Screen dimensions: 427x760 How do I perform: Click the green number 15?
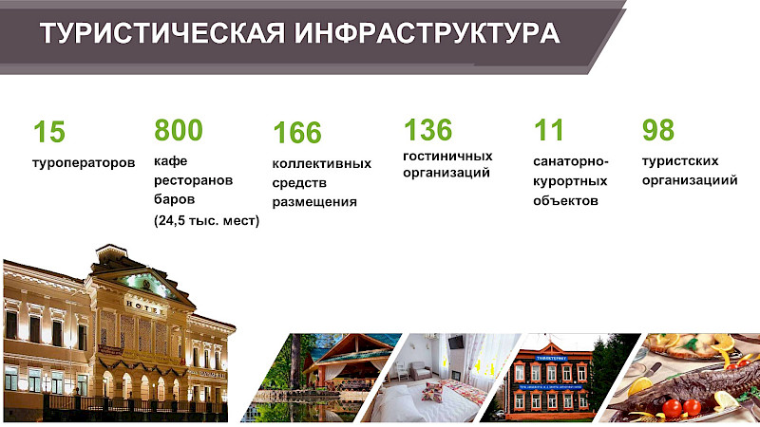pos(49,132)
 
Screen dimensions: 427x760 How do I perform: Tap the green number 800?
pos(179,130)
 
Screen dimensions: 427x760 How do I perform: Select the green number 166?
pos(297,133)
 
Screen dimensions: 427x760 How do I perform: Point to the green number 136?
pos(427,129)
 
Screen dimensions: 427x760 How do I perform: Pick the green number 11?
pos(548,129)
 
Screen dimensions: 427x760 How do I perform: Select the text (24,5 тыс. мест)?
pos(206,220)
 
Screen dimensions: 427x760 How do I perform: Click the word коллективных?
pos(321,163)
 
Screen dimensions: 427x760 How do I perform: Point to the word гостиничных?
pos(447,155)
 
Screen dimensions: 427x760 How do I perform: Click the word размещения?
pos(314,201)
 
